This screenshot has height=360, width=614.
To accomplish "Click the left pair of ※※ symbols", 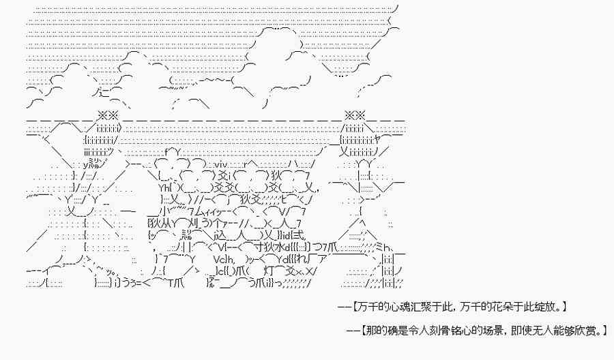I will (x=108, y=115).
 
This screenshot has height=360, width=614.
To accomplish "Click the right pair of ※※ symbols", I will (x=355, y=115).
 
